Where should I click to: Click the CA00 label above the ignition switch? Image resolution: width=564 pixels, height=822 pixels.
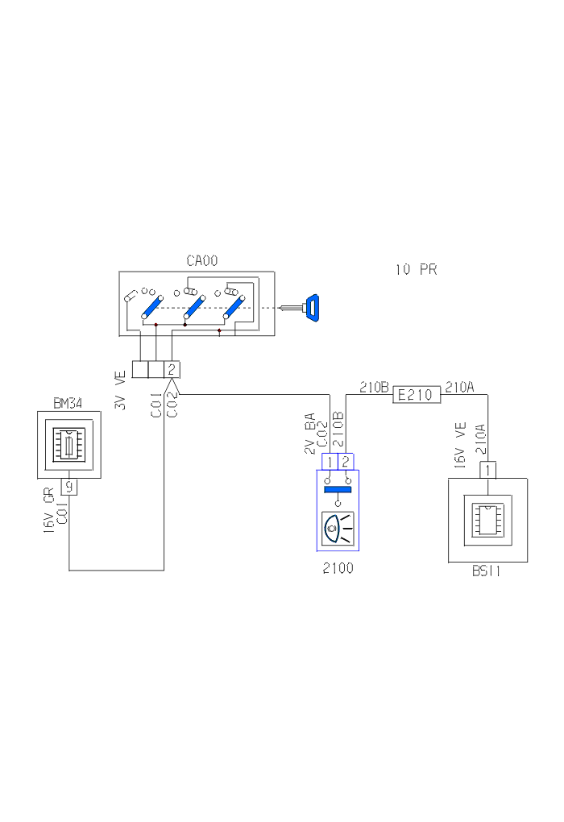[202, 261]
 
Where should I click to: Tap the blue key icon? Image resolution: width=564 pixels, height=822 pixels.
[311, 306]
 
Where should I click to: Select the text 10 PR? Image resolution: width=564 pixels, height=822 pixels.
[416, 270]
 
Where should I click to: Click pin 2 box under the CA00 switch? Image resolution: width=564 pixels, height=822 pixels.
[172, 370]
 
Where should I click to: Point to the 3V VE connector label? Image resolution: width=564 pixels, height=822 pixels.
[121, 390]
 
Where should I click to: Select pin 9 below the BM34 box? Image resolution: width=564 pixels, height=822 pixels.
[69, 487]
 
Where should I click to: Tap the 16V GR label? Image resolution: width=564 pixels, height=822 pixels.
[48, 509]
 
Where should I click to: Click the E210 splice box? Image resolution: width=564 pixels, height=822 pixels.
[416, 395]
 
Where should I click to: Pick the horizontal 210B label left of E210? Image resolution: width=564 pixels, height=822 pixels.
[374, 388]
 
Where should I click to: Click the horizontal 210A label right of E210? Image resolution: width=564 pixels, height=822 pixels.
[459, 388]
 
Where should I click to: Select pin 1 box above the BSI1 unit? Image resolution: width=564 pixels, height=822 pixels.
[488, 469]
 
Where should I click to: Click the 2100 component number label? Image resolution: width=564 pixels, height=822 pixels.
[338, 568]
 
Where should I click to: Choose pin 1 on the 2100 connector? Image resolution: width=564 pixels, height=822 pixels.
[330, 462]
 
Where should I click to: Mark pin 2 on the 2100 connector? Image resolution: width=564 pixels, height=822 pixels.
[346, 462]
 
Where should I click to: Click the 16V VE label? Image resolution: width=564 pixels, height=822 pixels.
[460, 445]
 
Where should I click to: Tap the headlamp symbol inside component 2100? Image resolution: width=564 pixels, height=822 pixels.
[338, 529]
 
